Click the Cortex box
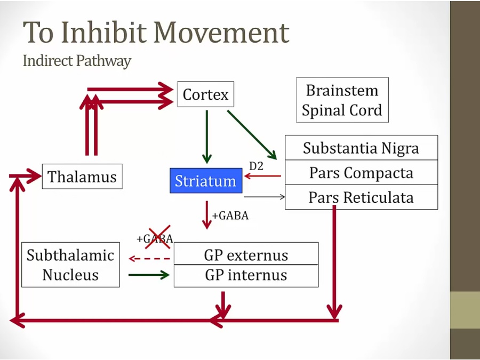(x=205, y=94)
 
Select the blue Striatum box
(x=205, y=181)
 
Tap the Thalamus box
(x=82, y=176)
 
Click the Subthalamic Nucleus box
(x=70, y=265)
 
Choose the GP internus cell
(x=246, y=275)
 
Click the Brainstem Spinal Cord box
(x=342, y=100)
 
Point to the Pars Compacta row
(x=361, y=173)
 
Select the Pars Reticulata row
(x=361, y=197)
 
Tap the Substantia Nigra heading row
(x=361, y=148)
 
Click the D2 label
(x=257, y=166)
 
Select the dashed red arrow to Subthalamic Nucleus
(x=149, y=259)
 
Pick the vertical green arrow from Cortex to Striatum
(x=207, y=137)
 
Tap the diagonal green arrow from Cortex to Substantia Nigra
(x=252, y=135)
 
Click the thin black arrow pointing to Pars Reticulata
(x=264, y=197)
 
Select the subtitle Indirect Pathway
(x=77, y=61)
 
